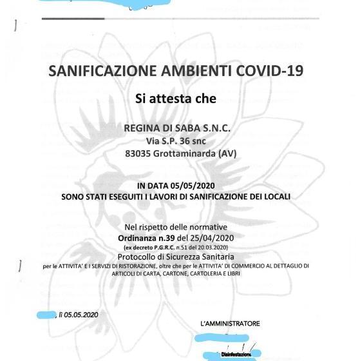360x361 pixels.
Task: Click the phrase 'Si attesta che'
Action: pyautogui.click(x=175, y=99)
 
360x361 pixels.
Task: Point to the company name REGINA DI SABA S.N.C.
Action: pyautogui.click(x=176, y=128)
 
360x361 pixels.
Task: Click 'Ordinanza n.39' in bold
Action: pyautogui.click(x=153, y=237)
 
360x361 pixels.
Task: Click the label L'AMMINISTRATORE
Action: pyautogui.click(x=230, y=324)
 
